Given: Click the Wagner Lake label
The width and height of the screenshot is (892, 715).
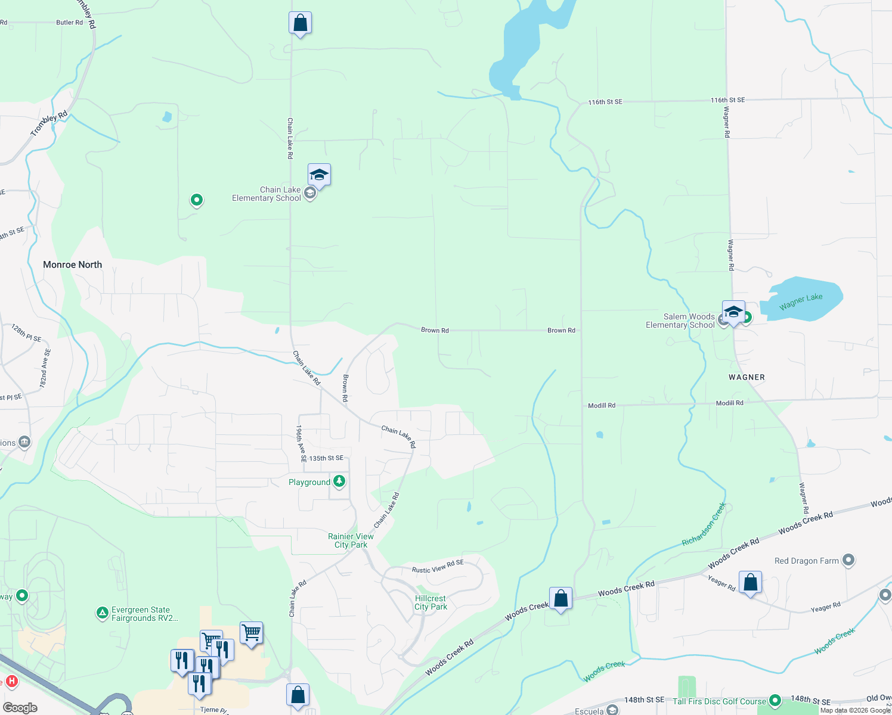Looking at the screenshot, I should pyautogui.click(x=801, y=301).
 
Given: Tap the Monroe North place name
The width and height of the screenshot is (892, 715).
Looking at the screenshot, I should pyautogui.click(x=72, y=265).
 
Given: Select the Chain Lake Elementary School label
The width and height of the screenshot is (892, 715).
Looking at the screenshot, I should pyautogui.click(x=267, y=194).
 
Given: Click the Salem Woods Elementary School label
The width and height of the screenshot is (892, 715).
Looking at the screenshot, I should pyautogui.click(x=680, y=321).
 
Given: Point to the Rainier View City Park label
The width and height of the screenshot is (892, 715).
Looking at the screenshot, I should pyautogui.click(x=351, y=541).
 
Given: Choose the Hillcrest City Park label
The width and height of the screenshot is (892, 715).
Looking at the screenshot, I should pyautogui.click(x=430, y=603).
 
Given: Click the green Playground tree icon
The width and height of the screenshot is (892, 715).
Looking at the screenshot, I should pyautogui.click(x=339, y=481).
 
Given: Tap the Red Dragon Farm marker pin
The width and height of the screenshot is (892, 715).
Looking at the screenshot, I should pyautogui.click(x=848, y=560).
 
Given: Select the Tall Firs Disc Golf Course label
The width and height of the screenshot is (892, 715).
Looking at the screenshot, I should pyautogui.click(x=719, y=701).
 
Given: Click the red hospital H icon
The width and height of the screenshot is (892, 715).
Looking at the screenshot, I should pyautogui.click(x=11, y=681).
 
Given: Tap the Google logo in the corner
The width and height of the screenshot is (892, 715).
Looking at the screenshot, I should pyautogui.click(x=20, y=708).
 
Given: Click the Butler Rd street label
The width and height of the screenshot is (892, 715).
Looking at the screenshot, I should pyautogui.click(x=69, y=23).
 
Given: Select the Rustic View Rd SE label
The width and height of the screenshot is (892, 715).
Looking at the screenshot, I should pyautogui.click(x=438, y=567).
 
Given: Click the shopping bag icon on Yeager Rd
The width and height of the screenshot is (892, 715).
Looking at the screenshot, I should pyautogui.click(x=750, y=583).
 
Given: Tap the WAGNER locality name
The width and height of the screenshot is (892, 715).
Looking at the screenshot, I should pyautogui.click(x=747, y=377).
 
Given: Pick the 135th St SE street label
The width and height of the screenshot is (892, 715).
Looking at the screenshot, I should pyautogui.click(x=326, y=458).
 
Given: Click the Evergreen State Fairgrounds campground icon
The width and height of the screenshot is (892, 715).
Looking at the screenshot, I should pyautogui.click(x=103, y=613).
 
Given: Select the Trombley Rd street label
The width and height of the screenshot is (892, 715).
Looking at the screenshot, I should pyautogui.click(x=49, y=124).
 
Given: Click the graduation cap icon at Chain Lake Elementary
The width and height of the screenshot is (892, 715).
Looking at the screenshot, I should pyautogui.click(x=319, y=175).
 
